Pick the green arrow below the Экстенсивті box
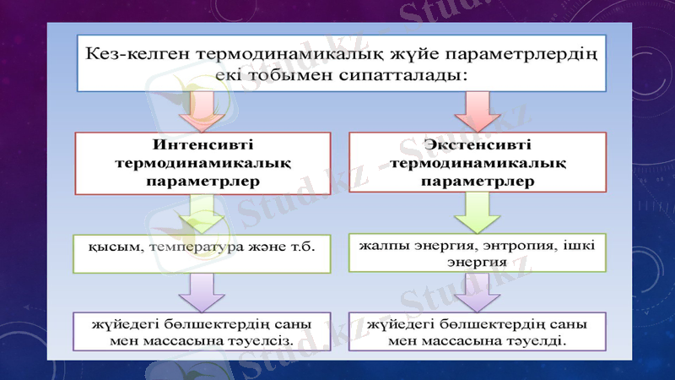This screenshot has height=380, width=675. [x=478, y=213]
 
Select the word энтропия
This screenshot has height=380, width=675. [x=511, y=246]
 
